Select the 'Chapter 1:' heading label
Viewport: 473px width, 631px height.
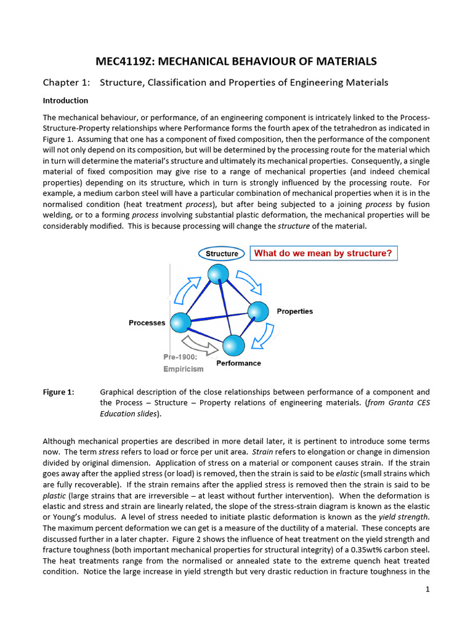click(x=66, y=82)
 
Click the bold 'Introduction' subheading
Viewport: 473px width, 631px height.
click(x=65, y=100)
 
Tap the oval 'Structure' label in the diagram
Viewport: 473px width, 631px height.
click(x=222, y=253)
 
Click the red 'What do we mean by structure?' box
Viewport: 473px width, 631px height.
click(x=323, y=253)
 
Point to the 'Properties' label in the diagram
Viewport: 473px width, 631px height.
click(x=294, y=311)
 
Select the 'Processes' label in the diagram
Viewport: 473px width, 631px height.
click(x=147, y=323)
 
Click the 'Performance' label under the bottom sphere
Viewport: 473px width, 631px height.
click(x=238, y=363)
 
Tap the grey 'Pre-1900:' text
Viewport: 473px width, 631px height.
click(x=180, y=357)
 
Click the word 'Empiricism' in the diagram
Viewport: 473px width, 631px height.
click(x=183, y=368)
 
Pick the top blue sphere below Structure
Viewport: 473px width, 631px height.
click(x=217, y=275)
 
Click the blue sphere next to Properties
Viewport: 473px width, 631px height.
click(x=258, y=312)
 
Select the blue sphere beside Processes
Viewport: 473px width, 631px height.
click(x=179, y=322)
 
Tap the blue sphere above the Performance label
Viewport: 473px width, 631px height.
click(x=233, y=346)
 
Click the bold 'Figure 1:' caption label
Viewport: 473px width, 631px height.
click(x=58, y=392)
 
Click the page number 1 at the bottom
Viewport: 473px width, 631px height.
click(x=427, y=590)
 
